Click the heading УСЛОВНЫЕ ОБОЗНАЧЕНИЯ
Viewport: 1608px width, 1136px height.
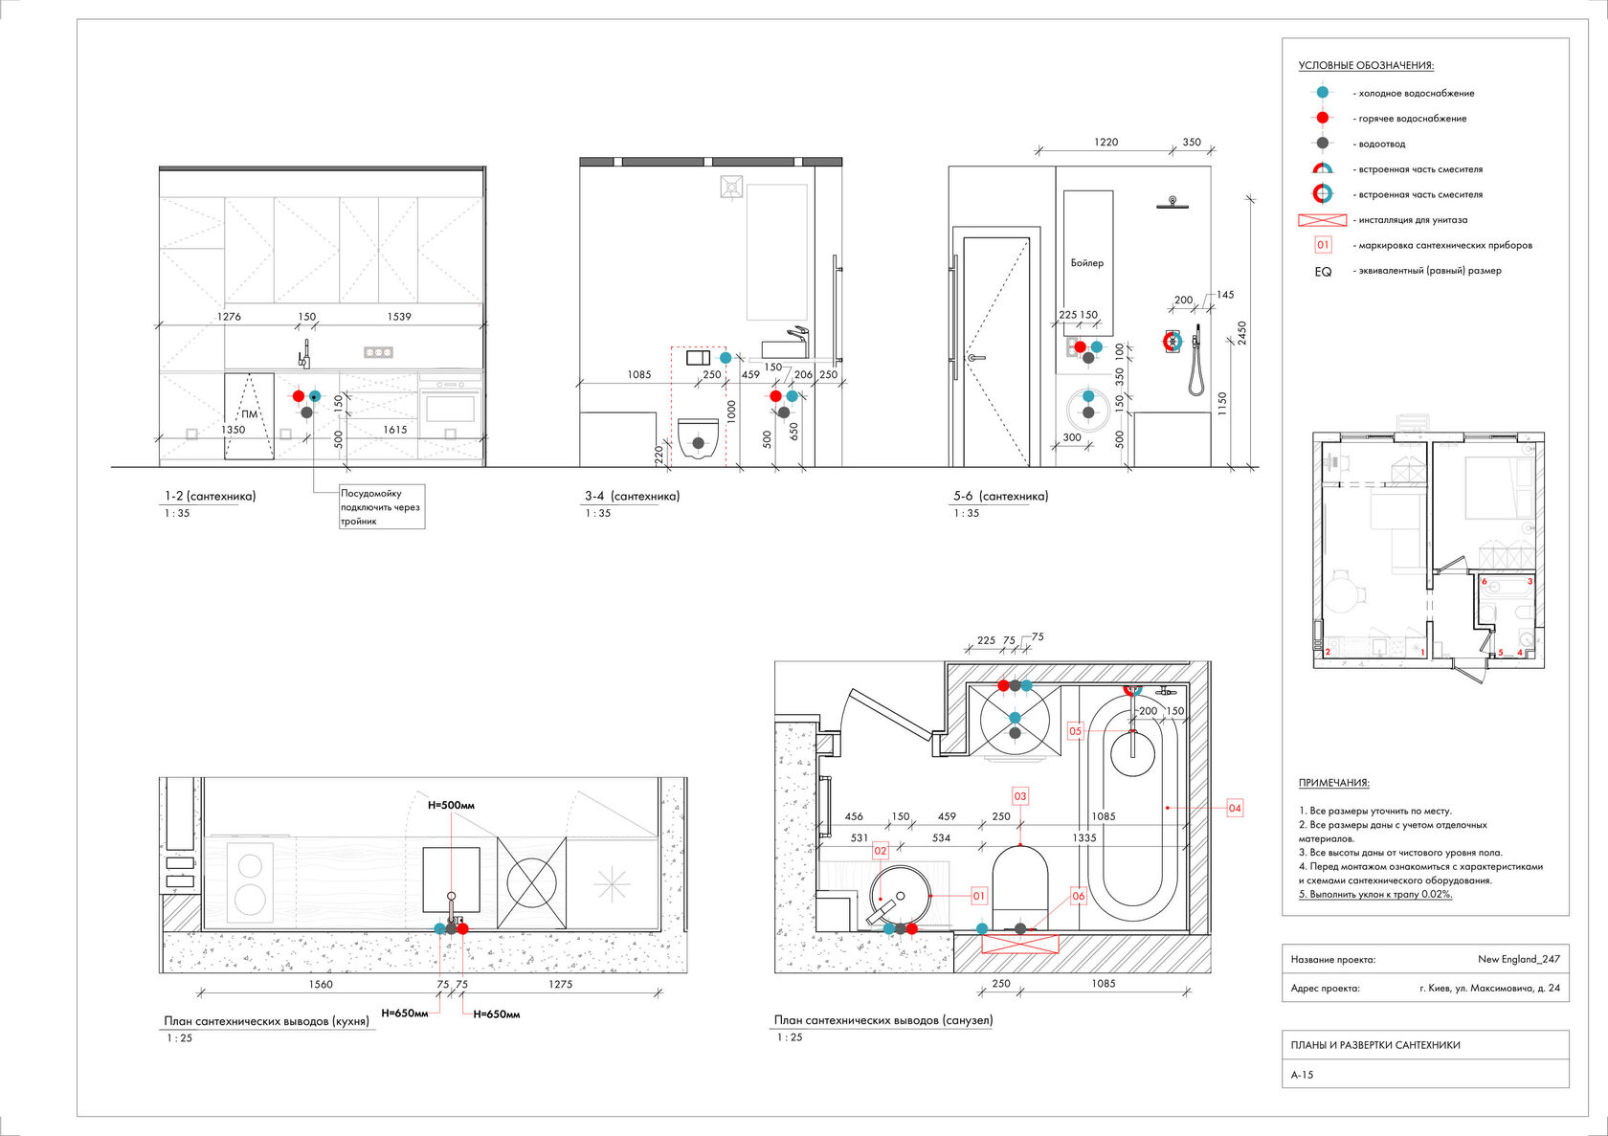tap(1365, 66)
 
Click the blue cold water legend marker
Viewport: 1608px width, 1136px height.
tap(1322, 93)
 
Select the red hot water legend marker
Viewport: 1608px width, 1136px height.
tap(1322, 118)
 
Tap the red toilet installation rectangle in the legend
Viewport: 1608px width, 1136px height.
tap(1322, 220)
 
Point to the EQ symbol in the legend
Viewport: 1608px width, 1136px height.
tap(1323, 272)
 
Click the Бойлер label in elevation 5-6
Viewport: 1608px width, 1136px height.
tap(1086, 263)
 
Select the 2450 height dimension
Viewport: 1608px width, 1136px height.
tap(1242, 333)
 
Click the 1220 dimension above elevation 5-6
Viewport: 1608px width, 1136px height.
tap(1105, 143)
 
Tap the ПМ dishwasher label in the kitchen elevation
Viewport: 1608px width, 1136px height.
tap(249, 414)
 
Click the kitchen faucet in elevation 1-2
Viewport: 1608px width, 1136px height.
tap(304, 354)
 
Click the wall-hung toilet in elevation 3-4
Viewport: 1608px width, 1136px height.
tap(698, 439)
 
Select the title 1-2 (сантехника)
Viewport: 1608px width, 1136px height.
tap(210, 496)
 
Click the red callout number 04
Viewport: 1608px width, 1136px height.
tap(1235, 808)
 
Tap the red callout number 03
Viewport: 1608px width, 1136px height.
tap(1020, 796)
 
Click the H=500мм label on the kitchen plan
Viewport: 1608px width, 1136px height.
tap(451, 805)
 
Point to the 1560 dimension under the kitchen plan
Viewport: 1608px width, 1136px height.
tap(321, 984)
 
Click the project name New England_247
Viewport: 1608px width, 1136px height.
tap(1518, 959)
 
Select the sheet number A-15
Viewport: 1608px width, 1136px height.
tap(1302, 1075)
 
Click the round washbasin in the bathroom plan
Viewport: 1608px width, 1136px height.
tap(900, 896)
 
